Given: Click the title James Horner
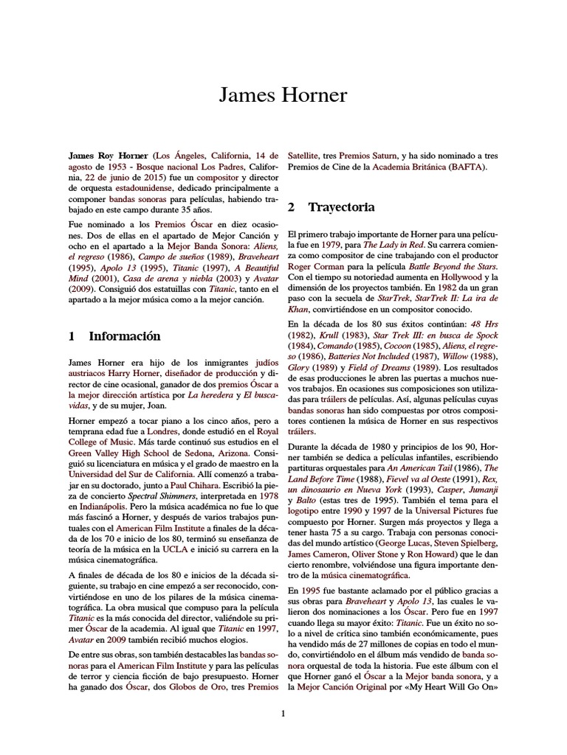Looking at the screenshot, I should pos(283,96).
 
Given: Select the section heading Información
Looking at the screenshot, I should pos(125,336).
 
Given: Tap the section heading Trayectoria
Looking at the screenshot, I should pos(341,206).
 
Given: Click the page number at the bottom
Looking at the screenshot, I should pos(283,713).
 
